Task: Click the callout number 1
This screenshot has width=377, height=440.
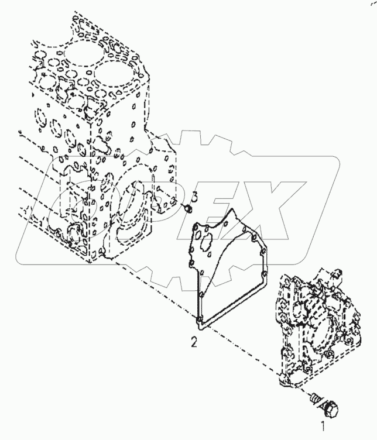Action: pos(320,420)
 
